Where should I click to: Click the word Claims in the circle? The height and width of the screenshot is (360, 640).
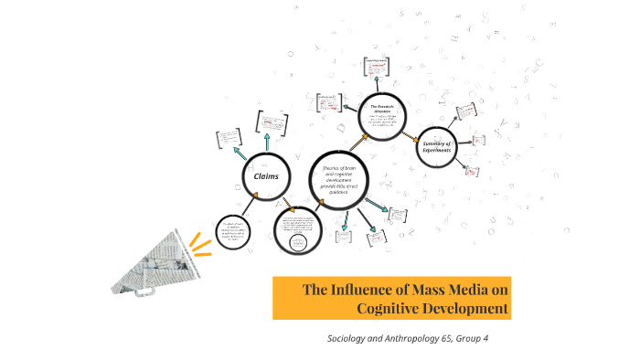pyautogui.click(x=265, y=175)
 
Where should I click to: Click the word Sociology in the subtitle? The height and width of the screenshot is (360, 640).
pyautogui.click(x=349, y=339)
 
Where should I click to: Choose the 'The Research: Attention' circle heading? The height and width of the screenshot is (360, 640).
pyautogui.click(x=380, y=109)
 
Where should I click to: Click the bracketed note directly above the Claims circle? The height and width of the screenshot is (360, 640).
pyautogui.click(x=271, y=121)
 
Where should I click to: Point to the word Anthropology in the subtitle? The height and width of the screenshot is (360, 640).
pyautogui.click(x=410, y=339)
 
